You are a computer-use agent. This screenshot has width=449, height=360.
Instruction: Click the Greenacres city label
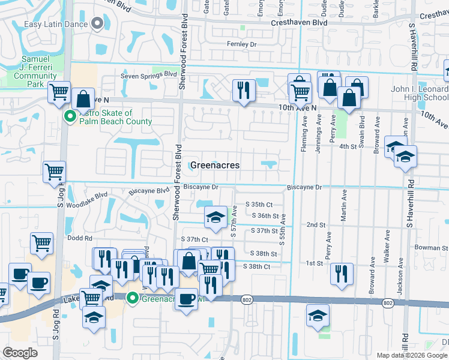coord(215,165)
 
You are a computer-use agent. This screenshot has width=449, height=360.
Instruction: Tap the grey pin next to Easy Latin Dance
coord(98,25)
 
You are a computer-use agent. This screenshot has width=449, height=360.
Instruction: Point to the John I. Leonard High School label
coord(420,93)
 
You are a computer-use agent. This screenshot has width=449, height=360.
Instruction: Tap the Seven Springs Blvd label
coord(148,74)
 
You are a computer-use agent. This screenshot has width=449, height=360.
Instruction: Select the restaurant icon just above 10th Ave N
coord(244,90)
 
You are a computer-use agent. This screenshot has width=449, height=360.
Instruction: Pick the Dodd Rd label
coord(79,238)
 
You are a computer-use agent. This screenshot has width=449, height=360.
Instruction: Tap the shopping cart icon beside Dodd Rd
coord(42,244)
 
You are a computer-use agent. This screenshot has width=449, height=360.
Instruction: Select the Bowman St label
coord(432,247)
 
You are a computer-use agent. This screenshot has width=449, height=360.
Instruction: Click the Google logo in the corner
coord(20,352)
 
